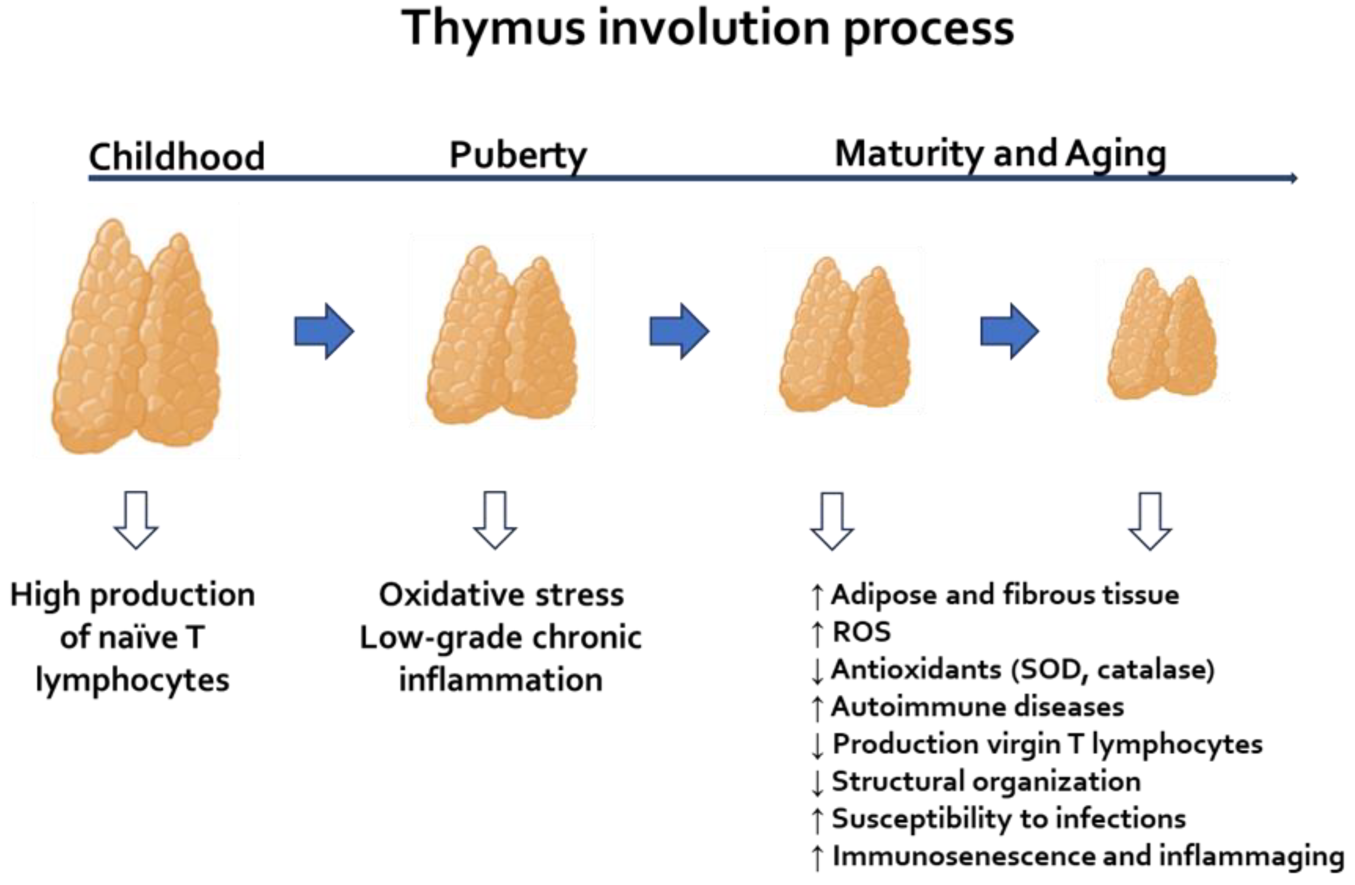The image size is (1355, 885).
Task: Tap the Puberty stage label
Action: pyautogui.click(x=518, y=155)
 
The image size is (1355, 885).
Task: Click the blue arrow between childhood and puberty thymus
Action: pyautogui.click(x=324, y=331)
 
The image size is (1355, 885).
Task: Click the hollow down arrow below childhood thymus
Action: pyautogui.click(x=136, y=519)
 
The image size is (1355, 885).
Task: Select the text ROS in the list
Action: pyautogui.click(x=861, y=631)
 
